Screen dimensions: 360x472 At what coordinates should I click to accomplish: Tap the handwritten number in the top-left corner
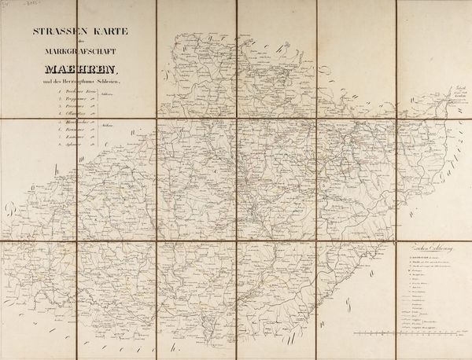click(x=9, y=4)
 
